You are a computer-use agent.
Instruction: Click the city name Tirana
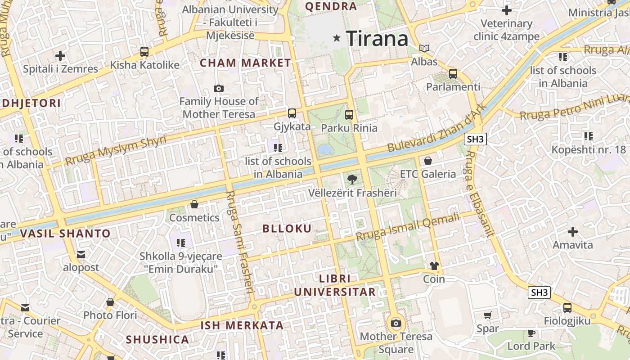pos(377,39)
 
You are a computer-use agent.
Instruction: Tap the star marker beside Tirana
pos(337,38)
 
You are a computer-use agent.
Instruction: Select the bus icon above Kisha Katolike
pos(144,52)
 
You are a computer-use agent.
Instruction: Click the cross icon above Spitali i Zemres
pos(60,56)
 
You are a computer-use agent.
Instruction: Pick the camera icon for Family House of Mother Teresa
pos(219,89)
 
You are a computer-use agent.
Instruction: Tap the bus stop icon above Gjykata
pos(292,113)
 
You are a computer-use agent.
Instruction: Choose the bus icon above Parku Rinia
pos(349,115)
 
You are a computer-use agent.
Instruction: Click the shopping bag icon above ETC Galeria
pos(428,161)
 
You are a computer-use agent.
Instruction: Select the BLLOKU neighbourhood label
pos(287,229)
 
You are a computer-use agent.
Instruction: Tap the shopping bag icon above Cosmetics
pos(194,205)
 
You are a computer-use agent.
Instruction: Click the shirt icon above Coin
pos(434,266)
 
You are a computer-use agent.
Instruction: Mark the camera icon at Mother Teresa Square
pos(396,323)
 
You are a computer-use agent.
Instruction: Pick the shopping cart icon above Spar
pos(488,315)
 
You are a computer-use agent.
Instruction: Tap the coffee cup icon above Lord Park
pos(531,333)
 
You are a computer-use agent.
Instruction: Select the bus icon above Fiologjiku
pos(567,308)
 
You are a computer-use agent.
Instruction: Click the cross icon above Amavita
pos(573,232)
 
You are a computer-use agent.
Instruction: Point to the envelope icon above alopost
pos(81,255)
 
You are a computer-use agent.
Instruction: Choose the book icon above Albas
pos(424,48)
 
